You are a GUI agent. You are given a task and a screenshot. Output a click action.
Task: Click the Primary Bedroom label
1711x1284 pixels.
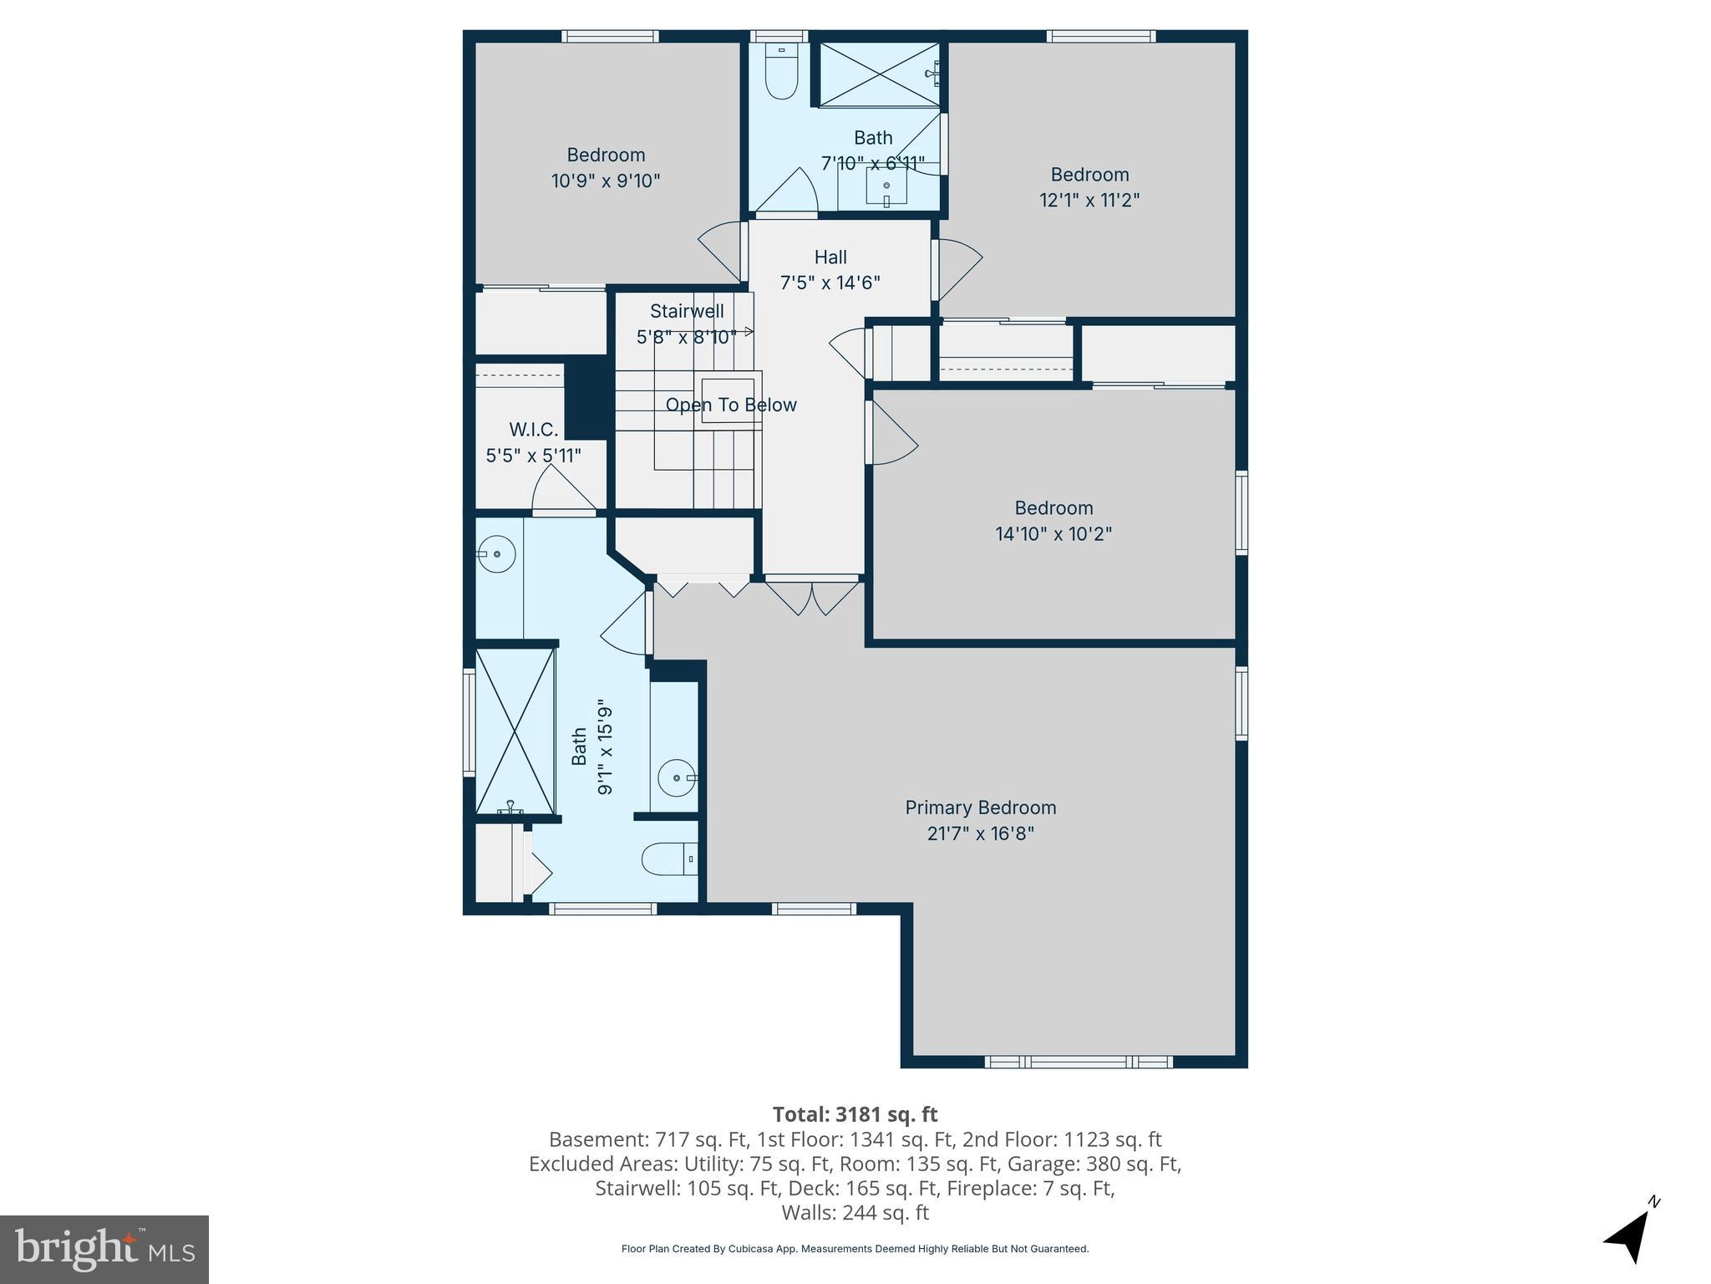pyautogui.click(x=980, y=808)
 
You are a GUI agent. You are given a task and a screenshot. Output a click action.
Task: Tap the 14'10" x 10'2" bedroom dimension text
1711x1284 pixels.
pyautogui.click(x=1053, y=533)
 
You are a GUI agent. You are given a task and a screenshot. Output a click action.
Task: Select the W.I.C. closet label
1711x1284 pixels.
pyautogui.click(x=533, y=430)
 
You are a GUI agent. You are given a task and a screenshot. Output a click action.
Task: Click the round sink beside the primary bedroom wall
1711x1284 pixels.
pyautogui.click(x=676, y=778)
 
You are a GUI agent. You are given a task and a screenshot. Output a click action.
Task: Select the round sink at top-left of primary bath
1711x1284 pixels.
pyautogui.click(x=496, y=554)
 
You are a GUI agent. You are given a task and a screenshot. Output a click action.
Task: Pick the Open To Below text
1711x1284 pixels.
pyautogui.click(x=731, y=405)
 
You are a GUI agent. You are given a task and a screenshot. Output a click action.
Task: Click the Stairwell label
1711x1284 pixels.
pyautogui.click(x=687, y=311)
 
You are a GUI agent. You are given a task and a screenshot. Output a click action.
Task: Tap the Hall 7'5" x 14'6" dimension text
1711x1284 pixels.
pyautogui.click(x=830, y=283)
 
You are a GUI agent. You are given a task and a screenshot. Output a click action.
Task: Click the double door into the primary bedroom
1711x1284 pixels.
pyautogui.click(x=812, y=595)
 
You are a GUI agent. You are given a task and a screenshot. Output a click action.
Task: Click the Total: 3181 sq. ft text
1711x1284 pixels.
pyautogui.click(x=855, y=1114)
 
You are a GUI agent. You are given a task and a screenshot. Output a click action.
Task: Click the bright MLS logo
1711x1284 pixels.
pyautogui.click(x=104, y=1249)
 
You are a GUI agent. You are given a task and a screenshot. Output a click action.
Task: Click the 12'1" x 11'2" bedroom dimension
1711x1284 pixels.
pyautogui.click(x=1089, y=201)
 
